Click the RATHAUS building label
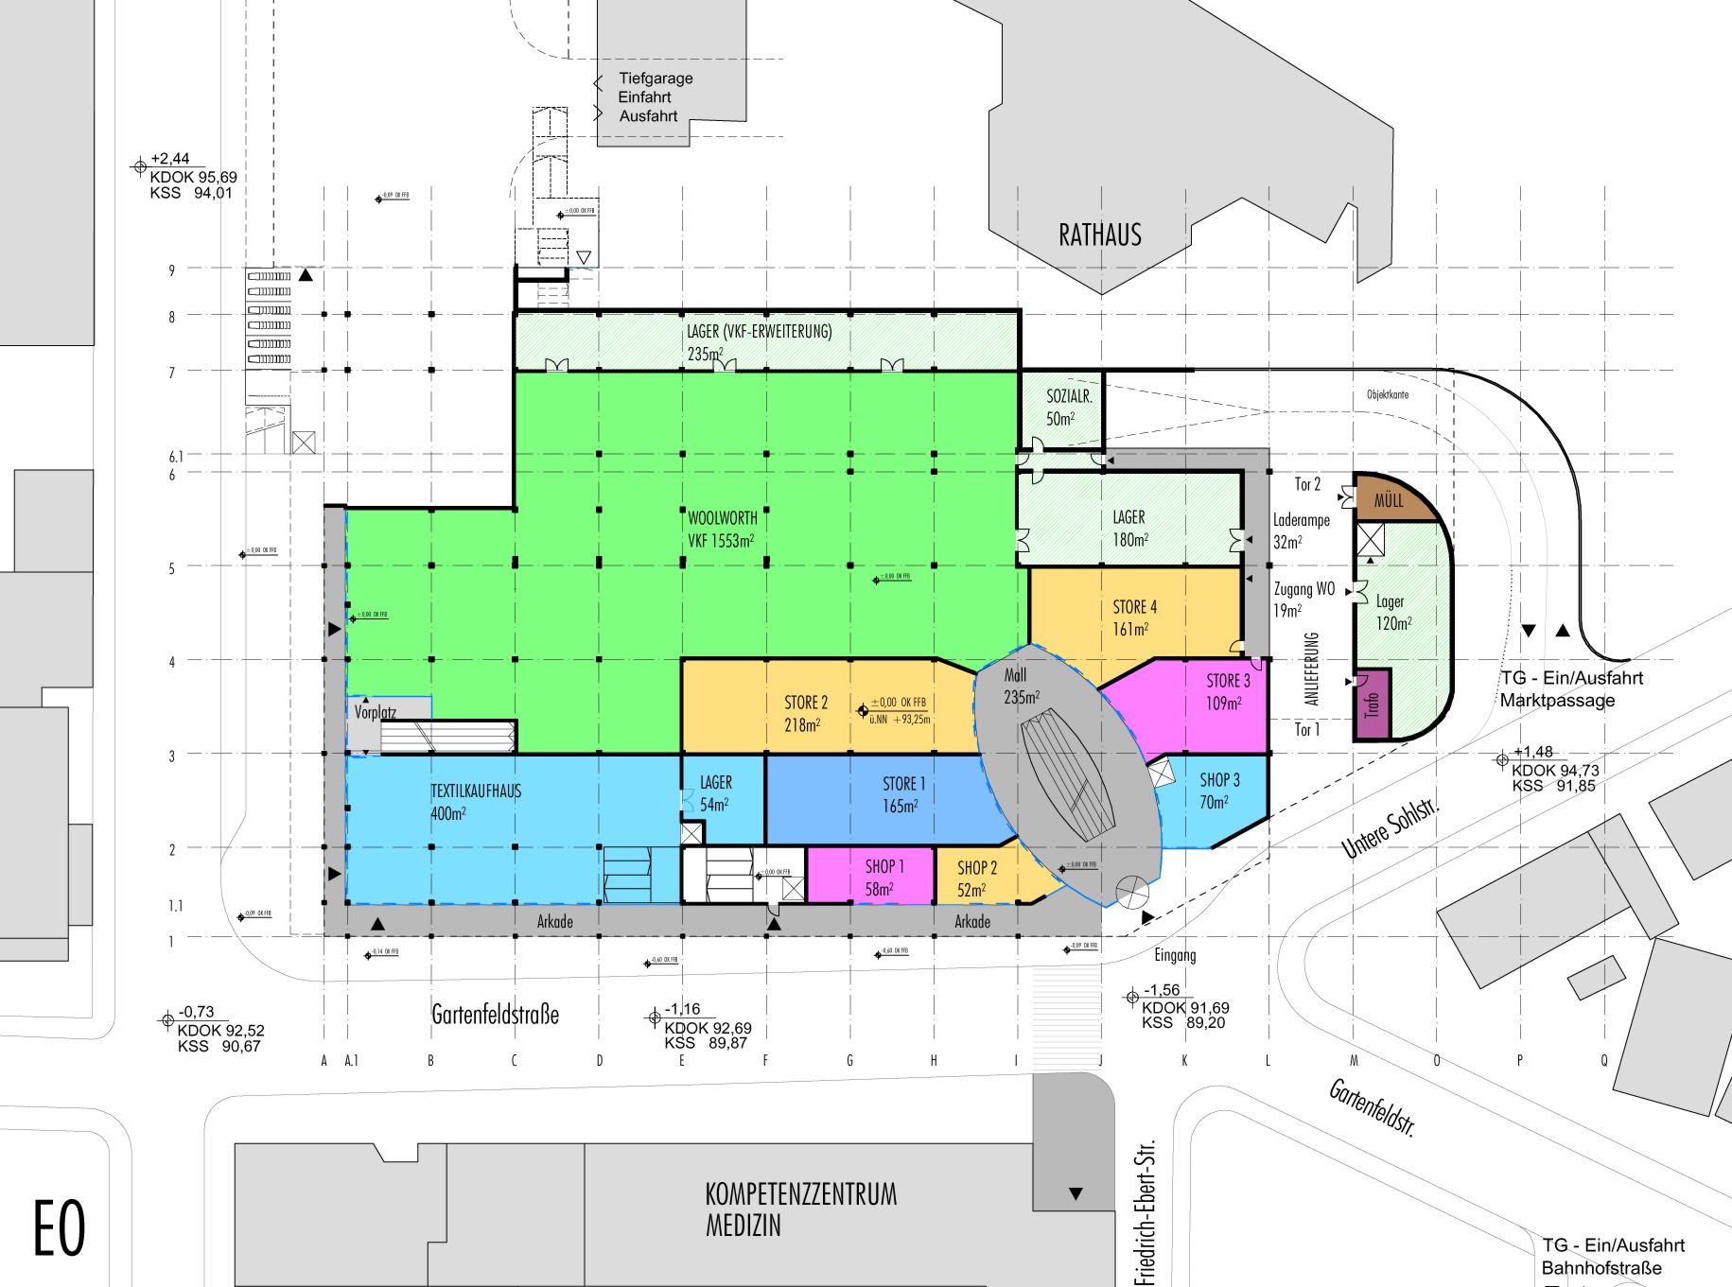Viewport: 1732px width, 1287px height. [1099, 235]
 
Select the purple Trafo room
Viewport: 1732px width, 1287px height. [1373, 704]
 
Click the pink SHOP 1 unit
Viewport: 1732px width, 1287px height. [883, 878]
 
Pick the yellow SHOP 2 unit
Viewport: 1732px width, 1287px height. [976, 878]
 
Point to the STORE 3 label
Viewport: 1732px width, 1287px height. [1227, 681]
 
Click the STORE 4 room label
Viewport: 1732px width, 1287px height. [1133, 607]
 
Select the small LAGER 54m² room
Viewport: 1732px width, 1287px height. [715, 793]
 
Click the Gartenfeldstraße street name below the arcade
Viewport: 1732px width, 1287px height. [495, 1015]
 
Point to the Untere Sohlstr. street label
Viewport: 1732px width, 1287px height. [1391, 828]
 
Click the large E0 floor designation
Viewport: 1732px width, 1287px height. [60, 1227]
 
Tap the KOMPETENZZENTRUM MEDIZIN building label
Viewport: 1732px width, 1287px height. [800, 1209]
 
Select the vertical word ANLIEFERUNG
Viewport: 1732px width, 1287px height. [1311, 668]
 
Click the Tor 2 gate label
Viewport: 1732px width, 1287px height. [1306, 484]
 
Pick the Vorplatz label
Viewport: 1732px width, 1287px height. [376, 712]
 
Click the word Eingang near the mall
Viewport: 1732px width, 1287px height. [1175, 955]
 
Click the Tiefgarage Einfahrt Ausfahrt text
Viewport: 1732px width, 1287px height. [655, 97]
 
